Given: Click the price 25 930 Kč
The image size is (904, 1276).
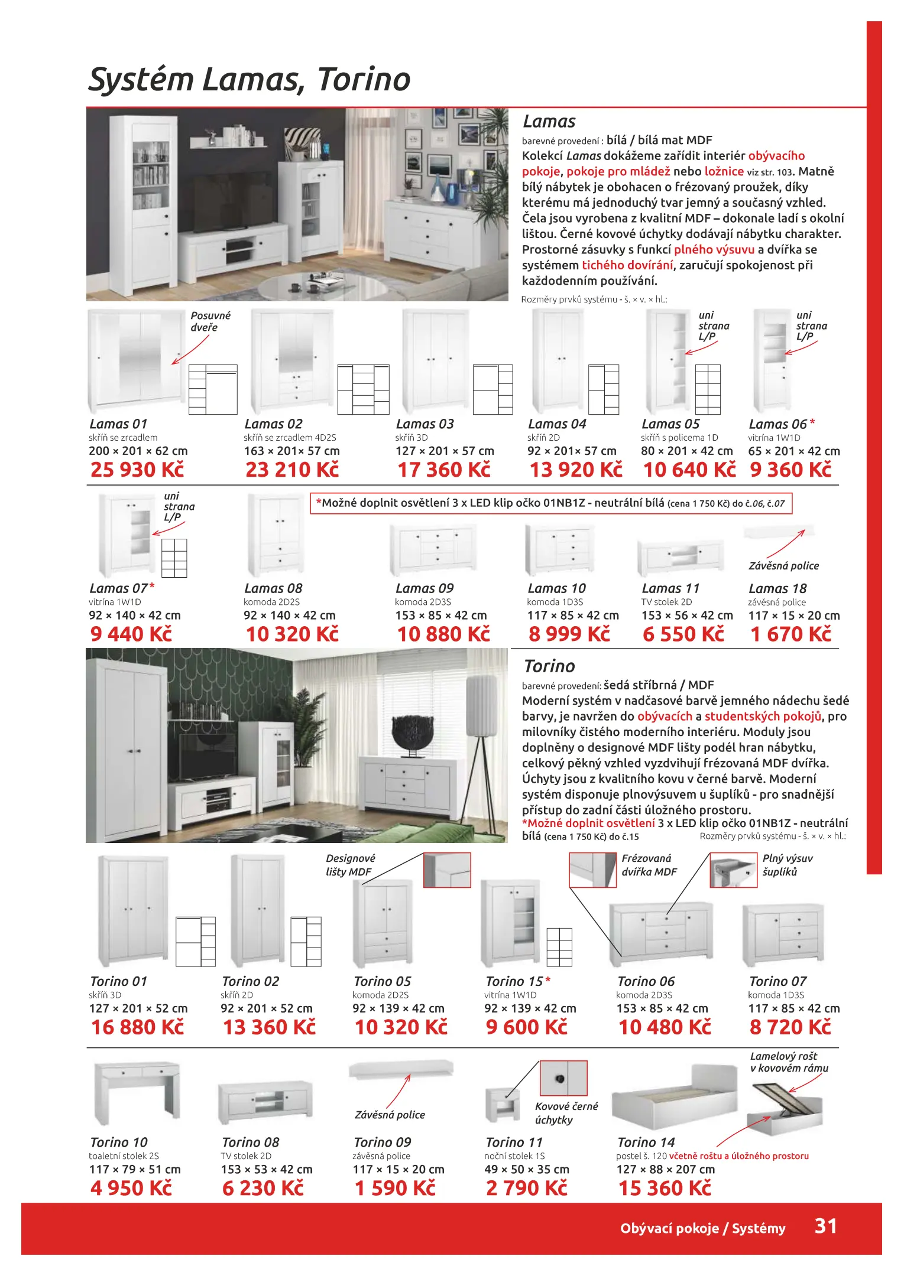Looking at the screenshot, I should pos(137,470).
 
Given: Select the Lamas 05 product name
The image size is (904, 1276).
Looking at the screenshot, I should pos(670,424).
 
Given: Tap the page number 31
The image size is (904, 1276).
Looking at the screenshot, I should pos(825,1226).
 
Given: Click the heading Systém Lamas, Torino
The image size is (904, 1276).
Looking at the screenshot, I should pos(250,79).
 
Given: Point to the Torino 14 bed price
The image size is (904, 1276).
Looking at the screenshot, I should pos(665,1188).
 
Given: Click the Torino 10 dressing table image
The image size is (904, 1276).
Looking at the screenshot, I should pos(137,1092).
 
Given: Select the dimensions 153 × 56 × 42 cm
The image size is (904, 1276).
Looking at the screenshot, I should pos(687,616).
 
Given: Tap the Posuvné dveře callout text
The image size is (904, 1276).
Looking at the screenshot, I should pos(210,321).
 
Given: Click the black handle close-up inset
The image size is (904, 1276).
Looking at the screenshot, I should pos(563,1078).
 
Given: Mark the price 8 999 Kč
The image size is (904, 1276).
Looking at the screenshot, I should pos(569,634).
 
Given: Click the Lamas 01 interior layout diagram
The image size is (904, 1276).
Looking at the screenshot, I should pos(213,389).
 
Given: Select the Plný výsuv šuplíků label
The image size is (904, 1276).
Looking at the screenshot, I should pos(787,865).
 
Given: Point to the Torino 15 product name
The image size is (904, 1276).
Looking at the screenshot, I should pos(514,982).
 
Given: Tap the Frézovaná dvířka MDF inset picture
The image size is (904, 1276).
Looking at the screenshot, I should pos(592,870).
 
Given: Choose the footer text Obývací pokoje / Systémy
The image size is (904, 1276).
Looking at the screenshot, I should pos(702,1228).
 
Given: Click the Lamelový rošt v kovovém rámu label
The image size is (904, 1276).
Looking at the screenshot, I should pos(789,1062).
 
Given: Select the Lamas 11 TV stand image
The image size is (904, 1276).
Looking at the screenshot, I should pos(681,557).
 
